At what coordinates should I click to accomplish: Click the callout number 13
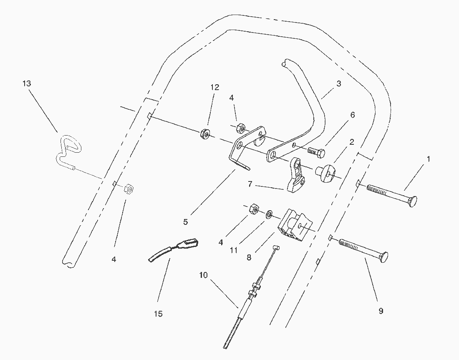27,83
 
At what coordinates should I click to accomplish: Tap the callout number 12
214,87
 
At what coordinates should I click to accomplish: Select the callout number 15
158,314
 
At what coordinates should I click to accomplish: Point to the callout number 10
203,275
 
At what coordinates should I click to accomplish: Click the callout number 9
381,311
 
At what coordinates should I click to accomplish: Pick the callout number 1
428,159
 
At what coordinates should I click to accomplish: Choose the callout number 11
234,250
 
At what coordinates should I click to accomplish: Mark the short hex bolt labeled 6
316,152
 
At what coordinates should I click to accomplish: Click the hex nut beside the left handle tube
129,189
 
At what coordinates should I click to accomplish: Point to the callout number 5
185,222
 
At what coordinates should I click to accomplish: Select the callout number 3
338,83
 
